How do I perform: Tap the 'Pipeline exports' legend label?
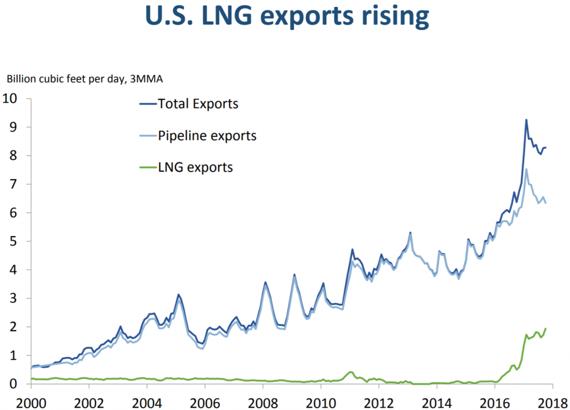[x=207, y=135]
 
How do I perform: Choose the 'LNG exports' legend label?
[x=195, y=167]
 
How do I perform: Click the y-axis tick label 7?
[x=21, y=184]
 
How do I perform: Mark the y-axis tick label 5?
[x=21, y=241]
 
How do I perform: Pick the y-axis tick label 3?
[x=21, y=299]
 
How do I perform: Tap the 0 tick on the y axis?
[x=21, y=384]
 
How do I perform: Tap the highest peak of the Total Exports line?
[x=526, y=120]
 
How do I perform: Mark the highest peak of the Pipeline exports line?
[x=526, y=169]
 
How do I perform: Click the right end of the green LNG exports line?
[x=546, y=328]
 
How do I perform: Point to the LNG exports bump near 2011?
[x=351, y=372]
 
